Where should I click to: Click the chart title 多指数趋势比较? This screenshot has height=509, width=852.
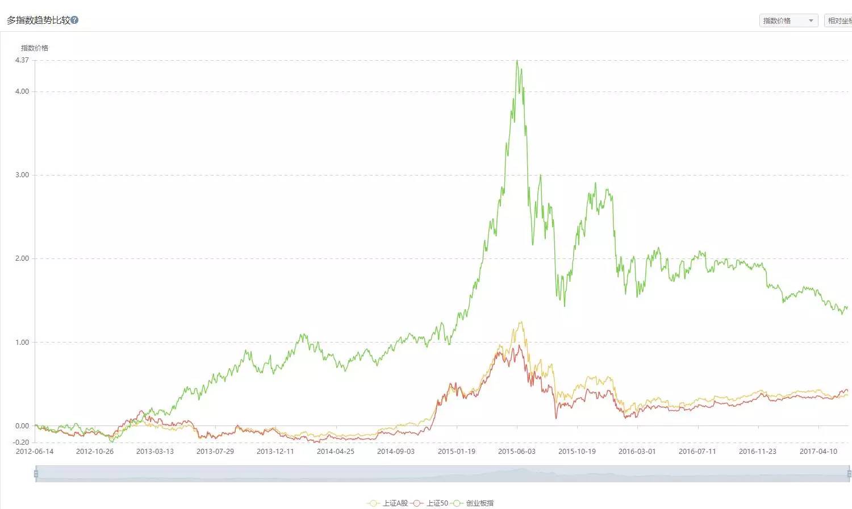[x=38, y=20]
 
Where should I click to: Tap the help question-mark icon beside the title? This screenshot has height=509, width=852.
[x=74, y=20]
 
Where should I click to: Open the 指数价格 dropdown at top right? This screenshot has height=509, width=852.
[x=788, y=21]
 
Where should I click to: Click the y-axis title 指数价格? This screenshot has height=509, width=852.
[x=35, y=48]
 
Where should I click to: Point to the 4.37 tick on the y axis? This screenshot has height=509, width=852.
[x=22, y=60]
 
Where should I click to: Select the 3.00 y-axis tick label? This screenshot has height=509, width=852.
[x=22, y=175]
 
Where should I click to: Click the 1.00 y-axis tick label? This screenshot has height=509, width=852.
[x=22, y=343]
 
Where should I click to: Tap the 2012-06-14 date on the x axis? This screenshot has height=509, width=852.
[x=35, y=452]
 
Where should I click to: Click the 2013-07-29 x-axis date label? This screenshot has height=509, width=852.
[x=215, y=452]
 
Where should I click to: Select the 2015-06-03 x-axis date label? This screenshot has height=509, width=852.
[x=517, y=452]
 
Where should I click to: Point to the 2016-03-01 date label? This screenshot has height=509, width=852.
[x=637, y=452]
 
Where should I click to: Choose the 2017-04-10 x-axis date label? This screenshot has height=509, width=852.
[x=818, y=452]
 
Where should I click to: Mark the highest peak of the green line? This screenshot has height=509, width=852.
[x=517, y=61]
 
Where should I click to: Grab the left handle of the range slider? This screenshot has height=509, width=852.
[x=36, y=474]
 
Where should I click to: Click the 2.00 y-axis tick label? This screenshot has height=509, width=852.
[x=22, y=258]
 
